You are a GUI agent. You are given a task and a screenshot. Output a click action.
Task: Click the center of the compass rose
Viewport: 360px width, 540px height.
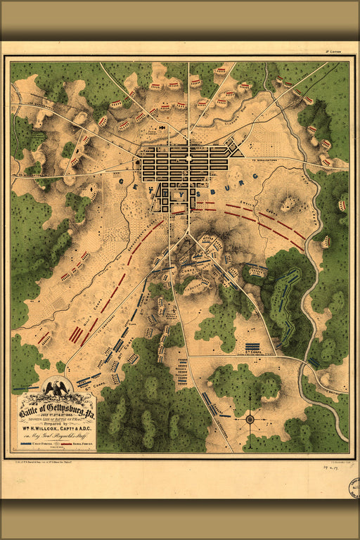250,420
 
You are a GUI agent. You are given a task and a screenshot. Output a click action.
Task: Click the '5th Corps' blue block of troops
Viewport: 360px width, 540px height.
252,347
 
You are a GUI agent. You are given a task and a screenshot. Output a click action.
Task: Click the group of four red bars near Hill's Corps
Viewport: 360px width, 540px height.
76,335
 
